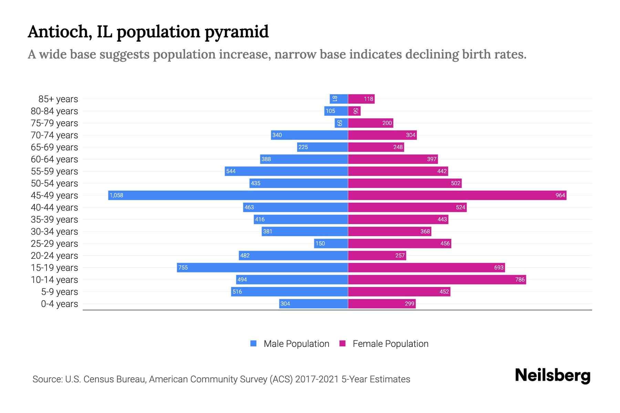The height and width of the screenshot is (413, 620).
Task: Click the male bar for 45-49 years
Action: point(228,195)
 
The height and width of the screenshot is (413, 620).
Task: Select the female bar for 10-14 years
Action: point(437,279)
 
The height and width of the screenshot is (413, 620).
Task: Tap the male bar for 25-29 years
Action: point(331,243)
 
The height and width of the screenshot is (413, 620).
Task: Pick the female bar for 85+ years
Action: point(361,99)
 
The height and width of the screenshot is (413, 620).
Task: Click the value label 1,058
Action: point(116,195)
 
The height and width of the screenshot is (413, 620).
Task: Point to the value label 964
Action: point(560,195)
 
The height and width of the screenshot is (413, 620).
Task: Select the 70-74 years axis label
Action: point(54,135)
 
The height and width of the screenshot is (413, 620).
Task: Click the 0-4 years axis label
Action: point(59,304)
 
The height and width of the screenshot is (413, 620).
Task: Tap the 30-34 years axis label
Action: point(54,231)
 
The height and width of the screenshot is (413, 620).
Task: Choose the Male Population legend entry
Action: point(296,343)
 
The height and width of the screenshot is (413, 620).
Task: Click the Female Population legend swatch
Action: point(342,343)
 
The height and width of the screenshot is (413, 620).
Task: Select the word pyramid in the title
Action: point(237,32)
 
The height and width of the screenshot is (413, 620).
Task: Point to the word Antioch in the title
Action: point(60,32)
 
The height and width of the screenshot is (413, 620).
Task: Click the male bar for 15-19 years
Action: point(262,267)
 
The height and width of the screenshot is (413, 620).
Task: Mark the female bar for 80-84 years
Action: point(354,111)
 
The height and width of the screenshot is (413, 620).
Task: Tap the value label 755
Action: point(183,267)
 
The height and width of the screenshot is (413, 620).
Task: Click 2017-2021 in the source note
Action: point(317,379)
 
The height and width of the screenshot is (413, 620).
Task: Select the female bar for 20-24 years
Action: point(377,255)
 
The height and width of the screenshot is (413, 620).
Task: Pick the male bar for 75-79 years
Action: point(341,123)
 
